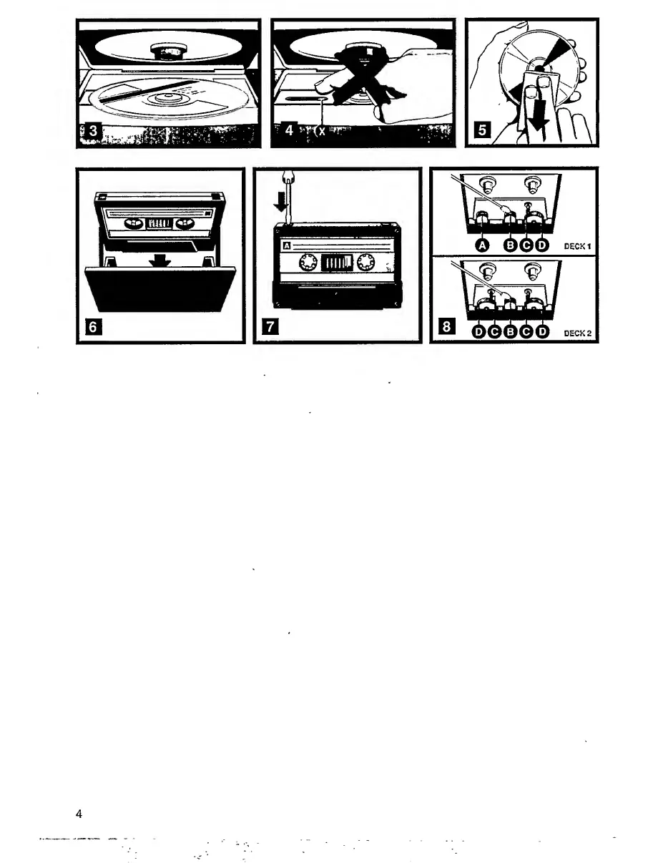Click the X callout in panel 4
(x=322, y=132)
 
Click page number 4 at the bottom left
(x=79, y=814)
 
